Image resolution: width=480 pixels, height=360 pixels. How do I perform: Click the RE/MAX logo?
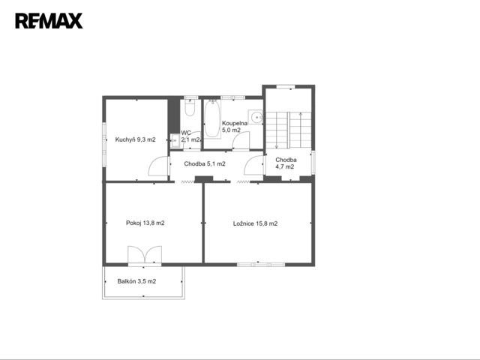pos(49,21)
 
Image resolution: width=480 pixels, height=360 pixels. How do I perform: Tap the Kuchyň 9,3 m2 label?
pos(135,139)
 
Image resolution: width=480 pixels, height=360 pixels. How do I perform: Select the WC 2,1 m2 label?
pos(190,136)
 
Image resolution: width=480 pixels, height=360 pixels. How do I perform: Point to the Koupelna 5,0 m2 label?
pos(235,127)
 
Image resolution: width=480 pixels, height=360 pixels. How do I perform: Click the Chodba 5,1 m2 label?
pos(205,163)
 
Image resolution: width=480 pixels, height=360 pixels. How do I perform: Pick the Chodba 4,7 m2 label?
pos(286,163)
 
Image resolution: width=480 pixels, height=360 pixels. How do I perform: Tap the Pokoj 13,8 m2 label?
pos(145,223)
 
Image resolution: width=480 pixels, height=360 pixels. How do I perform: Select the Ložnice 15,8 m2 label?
pos(255,223)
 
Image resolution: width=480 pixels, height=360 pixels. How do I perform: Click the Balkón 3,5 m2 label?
pos(136,281)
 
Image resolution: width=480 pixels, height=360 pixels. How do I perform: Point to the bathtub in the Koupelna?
pos(212,118)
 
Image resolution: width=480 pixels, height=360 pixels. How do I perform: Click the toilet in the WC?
pos(190,107)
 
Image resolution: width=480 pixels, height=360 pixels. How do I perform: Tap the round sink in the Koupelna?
pos(255,117)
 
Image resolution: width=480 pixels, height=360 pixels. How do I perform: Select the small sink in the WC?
pos(175,141)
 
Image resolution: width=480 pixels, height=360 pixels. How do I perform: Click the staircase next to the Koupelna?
pos(288,130)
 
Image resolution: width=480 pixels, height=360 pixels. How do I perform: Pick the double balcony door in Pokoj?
pos(145,254)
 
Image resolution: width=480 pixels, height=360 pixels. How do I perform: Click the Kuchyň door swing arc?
pos(157,166)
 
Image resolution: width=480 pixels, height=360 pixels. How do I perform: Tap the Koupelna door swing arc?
pos(241,140)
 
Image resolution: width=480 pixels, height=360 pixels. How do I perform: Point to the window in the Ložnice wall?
pos(261,265)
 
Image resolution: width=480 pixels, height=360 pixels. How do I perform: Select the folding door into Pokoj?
pos(187,181)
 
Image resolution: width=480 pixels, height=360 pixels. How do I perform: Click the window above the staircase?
pos(286,87)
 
